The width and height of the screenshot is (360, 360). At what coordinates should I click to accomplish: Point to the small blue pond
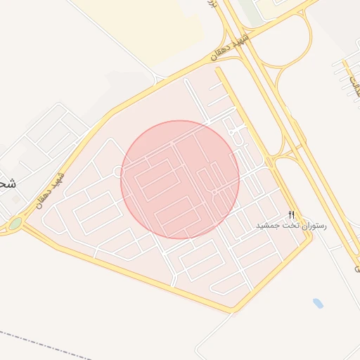point(318,304)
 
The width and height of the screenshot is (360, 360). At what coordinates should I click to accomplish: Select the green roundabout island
point(15,224)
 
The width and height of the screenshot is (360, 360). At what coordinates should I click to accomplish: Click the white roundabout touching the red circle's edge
point(117,171)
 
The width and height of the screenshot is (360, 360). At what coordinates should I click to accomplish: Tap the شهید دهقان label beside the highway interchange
point(229,45)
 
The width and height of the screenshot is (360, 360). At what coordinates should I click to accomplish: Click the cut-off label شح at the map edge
point(7,184)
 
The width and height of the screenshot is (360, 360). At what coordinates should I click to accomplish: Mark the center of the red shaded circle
point(180,179)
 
